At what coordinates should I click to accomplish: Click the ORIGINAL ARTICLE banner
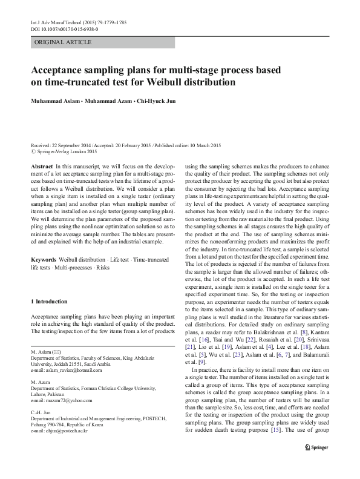click(x=64, y=42)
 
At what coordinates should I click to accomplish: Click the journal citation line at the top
click(x=71, y=22)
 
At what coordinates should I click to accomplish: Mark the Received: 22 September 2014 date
click(x=65, y=146)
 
